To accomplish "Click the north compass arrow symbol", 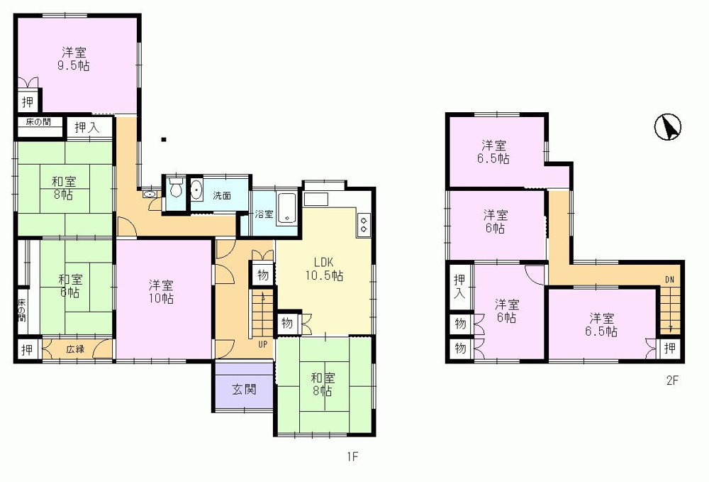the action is [668, 126].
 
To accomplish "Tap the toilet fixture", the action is [175, 188].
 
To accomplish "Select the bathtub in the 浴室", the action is [286, 208].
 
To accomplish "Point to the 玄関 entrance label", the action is [244, 389].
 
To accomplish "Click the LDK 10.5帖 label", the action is [324, 269].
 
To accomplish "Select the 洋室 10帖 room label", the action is [161, 292].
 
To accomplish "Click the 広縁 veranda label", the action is [76, 349].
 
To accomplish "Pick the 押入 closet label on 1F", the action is [86, 127].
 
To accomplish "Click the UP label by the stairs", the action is [263, 344].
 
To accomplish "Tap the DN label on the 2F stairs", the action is [670, 280].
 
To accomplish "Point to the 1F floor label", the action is [352, 456].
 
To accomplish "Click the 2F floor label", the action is [672, 380].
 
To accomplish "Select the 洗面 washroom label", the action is [222, 195].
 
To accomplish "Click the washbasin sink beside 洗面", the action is [196, 190].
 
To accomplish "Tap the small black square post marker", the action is [164, 139].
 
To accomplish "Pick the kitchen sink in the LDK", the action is [316, 199].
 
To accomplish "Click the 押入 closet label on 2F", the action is [459, 285].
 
